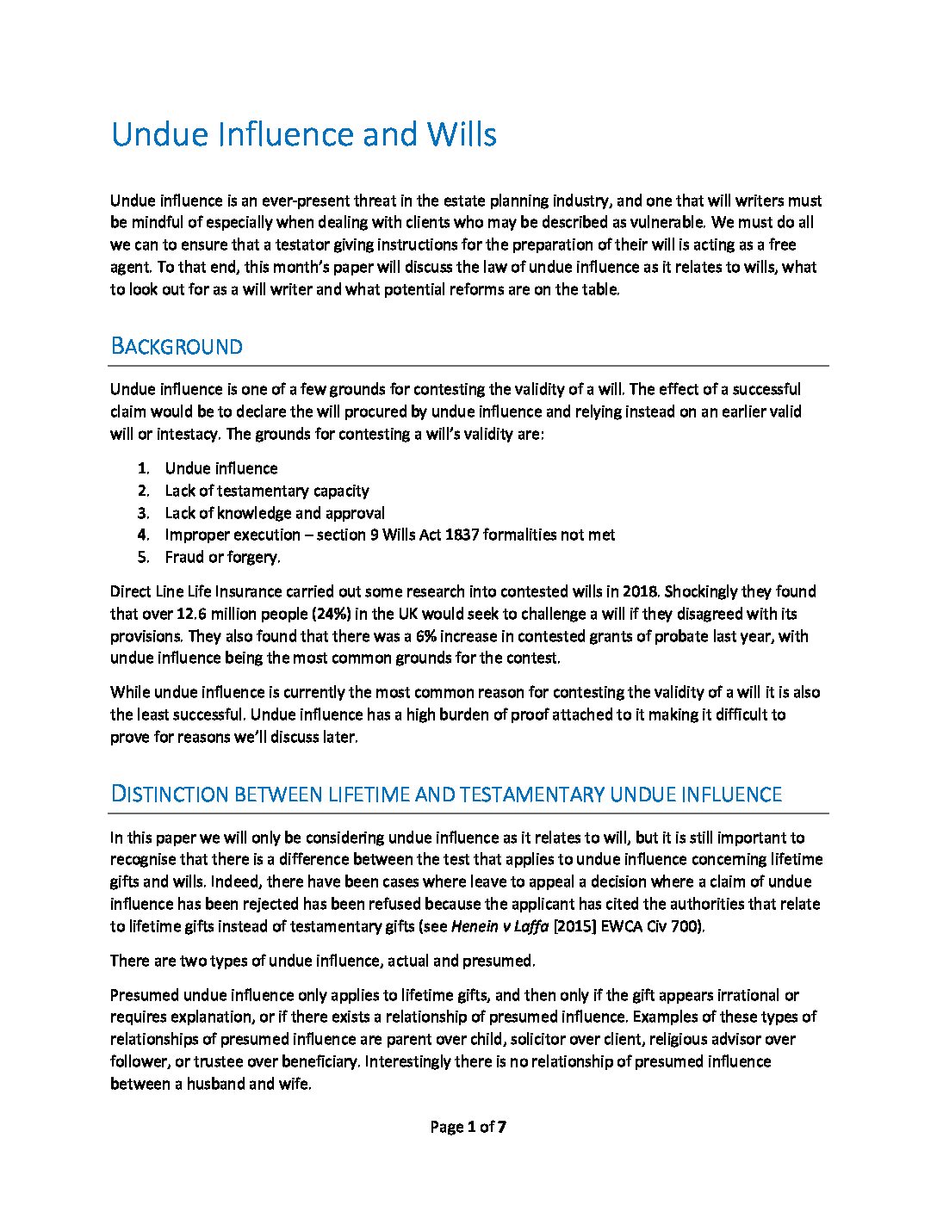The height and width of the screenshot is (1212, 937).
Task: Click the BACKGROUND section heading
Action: point(177,347)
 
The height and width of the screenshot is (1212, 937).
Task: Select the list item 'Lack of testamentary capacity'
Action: point(267,491)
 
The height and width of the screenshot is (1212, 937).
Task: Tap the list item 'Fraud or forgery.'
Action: point(222,557)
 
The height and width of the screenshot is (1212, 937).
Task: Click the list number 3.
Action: point(143,513)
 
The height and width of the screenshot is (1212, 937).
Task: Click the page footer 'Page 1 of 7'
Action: point(468,1127)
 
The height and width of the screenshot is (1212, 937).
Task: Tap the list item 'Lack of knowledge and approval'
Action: point(275,513)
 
